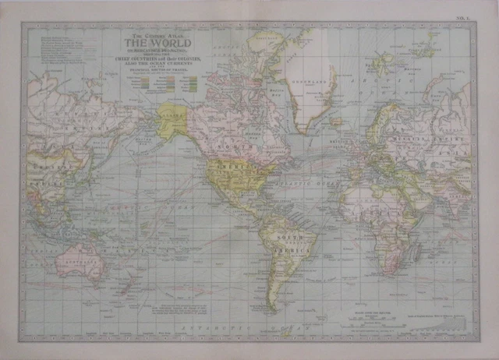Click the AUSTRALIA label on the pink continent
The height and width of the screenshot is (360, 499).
pyautogui.click(x=79, y=263)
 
